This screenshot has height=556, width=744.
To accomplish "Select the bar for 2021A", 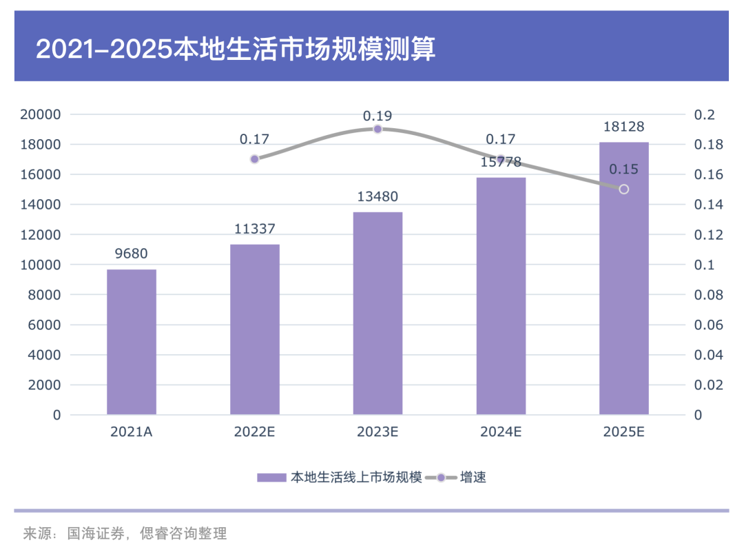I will point(132,342).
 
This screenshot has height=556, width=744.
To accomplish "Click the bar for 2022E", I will point(255,329).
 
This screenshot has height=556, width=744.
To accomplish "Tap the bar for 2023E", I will point(378,313).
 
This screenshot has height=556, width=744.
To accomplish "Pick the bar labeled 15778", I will point(501,296).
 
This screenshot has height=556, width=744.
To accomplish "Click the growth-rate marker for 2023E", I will point(378,130).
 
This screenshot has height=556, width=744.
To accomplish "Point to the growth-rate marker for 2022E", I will point(255,159).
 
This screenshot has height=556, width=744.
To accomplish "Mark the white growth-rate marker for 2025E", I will point(624,189).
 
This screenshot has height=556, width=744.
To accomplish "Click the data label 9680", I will point(132,254).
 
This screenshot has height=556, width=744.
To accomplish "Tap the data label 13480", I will point(378,197).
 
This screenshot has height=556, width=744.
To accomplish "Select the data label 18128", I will point(624,127).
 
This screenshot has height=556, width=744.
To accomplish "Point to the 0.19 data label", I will point(378,116).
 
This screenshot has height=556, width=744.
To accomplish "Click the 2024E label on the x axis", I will point(501,432).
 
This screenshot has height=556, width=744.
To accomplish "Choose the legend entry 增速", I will point(473,477).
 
